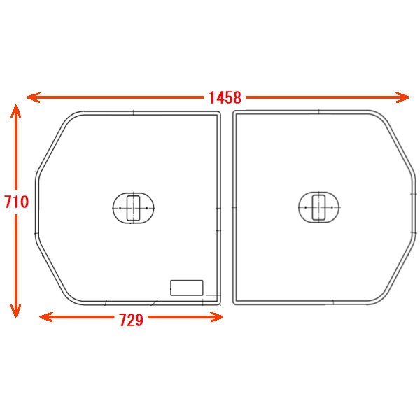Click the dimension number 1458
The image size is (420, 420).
225,97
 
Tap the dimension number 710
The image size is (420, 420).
16,202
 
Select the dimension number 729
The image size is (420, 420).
131,320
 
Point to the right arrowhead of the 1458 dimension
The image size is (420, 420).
402,97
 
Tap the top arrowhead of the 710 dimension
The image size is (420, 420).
15,111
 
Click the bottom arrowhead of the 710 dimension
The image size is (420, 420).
15,311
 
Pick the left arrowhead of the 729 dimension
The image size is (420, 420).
46,317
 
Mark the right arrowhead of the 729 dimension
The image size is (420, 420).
216,317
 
